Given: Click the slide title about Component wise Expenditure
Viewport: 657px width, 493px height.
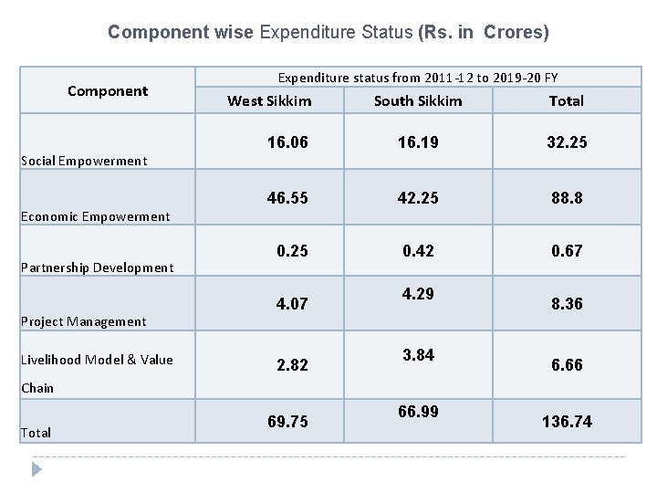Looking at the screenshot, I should (328, 32).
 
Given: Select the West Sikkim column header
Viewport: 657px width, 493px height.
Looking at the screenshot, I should (269, 100).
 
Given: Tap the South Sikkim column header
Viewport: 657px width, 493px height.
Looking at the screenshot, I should (418, 100).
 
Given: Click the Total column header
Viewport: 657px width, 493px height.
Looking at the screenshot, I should (566, 100).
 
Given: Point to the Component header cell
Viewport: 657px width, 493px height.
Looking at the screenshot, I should (108, 90).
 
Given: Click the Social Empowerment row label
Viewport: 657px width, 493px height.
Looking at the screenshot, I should (83, 161).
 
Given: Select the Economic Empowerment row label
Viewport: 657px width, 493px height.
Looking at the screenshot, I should (95, 216).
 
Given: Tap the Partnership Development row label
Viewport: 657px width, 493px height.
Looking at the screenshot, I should (97, 267).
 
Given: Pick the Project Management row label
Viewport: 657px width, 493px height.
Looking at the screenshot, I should (83, 321).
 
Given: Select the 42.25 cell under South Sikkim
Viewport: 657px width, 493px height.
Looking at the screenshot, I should (418, 196).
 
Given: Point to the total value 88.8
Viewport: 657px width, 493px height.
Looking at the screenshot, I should (566, 196).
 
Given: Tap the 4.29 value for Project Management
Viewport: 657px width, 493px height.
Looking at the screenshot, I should (418, 294).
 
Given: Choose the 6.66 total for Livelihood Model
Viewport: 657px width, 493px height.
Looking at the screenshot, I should (566, 364).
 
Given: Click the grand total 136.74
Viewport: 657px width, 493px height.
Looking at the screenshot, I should (566, 421).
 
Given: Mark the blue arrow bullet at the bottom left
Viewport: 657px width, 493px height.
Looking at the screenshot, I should (36, 469).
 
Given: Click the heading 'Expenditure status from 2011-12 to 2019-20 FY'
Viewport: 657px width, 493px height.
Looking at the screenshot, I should (418, 78).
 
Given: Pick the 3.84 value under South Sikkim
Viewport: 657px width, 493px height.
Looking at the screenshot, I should (418, 355).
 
